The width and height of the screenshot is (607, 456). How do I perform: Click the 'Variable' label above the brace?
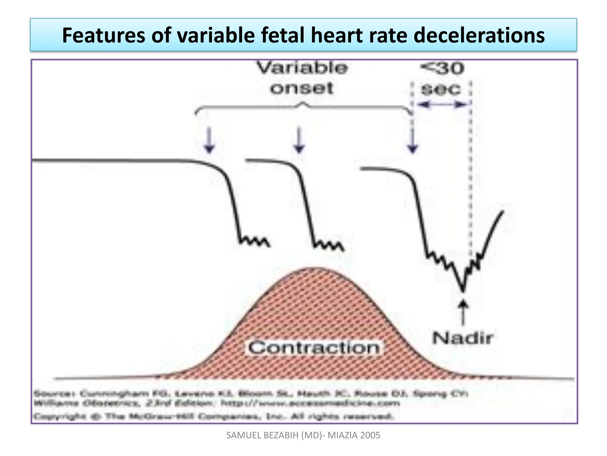[302, 68]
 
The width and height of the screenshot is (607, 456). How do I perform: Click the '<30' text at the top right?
[442, 68]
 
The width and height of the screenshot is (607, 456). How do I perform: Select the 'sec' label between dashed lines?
[441, 89]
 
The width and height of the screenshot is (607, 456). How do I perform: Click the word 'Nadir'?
[463, 338]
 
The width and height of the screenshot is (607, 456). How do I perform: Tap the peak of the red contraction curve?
[314, 268]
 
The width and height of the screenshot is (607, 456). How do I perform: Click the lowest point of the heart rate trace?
[463, 290]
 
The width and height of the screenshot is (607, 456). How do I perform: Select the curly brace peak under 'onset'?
[303, 104]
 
